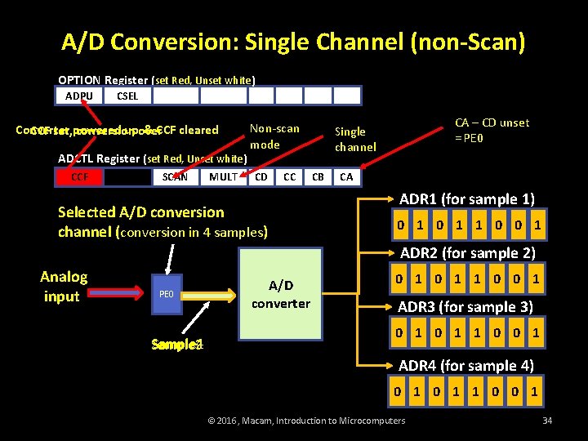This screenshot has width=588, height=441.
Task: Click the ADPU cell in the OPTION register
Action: point(79,96)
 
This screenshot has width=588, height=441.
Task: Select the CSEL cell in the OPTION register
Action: point(127,96)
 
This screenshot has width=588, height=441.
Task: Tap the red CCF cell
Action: point(79,176)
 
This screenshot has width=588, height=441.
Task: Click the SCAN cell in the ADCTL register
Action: point(175,176)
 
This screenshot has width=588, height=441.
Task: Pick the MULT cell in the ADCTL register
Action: point(223,176)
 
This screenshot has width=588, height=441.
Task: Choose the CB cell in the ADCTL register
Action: point(318,176)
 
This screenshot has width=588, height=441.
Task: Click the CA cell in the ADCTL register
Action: point(346,176)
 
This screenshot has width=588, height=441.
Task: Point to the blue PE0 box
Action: point(166,292)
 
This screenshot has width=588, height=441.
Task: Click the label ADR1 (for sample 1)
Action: point(467,199)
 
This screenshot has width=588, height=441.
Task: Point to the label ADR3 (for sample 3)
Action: point(465,307)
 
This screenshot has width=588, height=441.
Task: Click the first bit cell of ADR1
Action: point(400,225)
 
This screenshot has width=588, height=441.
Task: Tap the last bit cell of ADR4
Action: point(534,391)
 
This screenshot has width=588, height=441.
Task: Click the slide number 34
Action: point(546,421)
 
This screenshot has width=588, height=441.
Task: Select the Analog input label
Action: point(64,286)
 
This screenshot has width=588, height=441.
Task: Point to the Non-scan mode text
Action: point(274,136)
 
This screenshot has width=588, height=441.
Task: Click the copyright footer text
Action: point(306,421)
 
